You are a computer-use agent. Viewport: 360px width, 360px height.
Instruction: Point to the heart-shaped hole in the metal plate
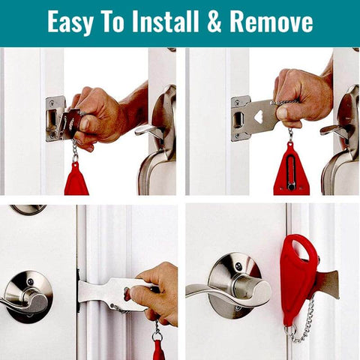pyautogui.click(x=259, y=116)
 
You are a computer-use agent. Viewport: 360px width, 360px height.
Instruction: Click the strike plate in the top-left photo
pyautogui.click(x=55, y=118)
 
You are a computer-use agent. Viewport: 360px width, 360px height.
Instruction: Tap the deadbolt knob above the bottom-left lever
pyautogui.click(x=28, y=210)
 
